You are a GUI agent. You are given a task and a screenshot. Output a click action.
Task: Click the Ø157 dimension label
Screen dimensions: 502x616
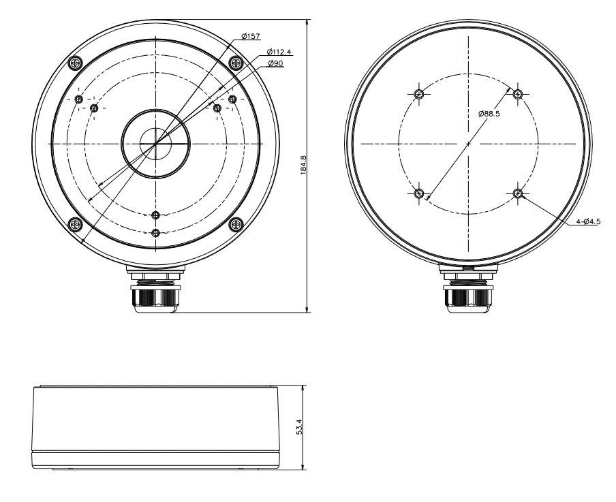tap(250, 37)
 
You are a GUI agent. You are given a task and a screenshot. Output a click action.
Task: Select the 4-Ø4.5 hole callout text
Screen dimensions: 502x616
tap(588, 221)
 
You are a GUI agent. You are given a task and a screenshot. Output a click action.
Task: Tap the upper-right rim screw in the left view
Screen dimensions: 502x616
tap(236, 63)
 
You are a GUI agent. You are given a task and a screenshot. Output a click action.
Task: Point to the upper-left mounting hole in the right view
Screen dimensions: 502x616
tap(420, 94)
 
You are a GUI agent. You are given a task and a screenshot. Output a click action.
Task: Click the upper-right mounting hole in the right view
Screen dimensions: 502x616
tap(518, 94)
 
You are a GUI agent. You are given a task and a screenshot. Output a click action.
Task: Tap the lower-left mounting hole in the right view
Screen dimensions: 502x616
tap(420, 193)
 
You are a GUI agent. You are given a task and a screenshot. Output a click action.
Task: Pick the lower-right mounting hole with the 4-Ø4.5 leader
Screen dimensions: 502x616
tap(518, 193)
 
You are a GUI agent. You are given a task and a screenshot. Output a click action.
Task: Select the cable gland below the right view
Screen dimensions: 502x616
tap(467, 293)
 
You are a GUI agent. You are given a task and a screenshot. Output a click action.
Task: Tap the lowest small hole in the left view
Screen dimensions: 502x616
tap(156, 234)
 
